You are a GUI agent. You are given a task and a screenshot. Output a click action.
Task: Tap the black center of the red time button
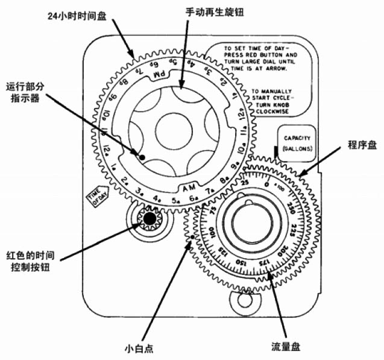[x=148, y=219]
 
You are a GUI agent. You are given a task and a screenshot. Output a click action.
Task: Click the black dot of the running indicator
[x=142, y=157]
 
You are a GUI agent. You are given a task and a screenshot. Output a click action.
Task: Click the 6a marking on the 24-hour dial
[x=194, y=200]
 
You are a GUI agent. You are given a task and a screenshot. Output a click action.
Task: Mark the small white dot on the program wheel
[x=190, y=239]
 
